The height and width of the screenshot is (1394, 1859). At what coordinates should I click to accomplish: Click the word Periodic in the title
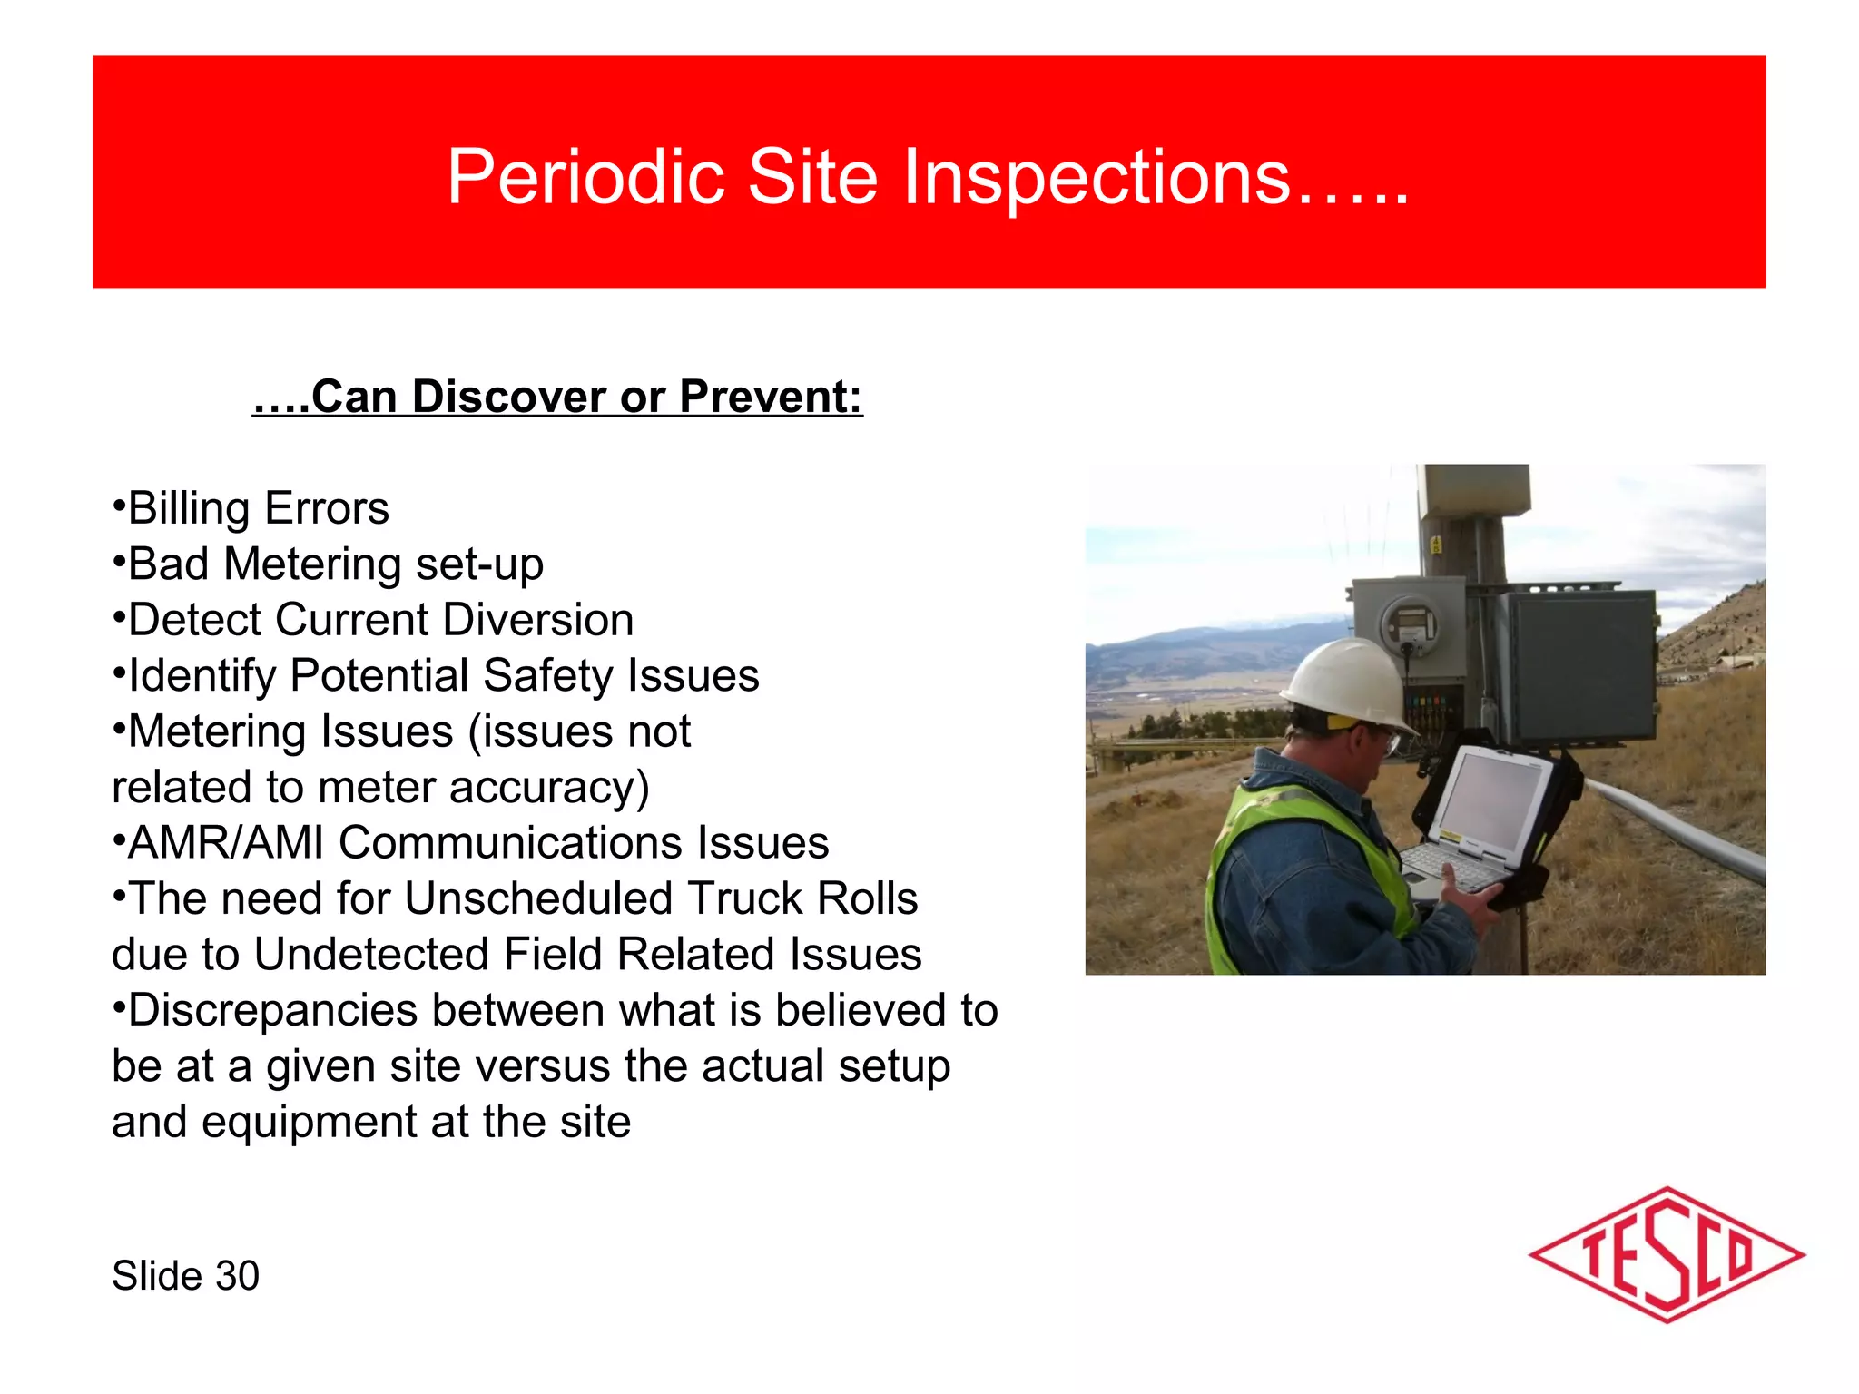(x=585, y=178)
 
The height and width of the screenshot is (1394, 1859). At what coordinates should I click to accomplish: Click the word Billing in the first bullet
(x=189, y=509)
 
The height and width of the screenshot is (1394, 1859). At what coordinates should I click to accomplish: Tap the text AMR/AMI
(x=225, y=843)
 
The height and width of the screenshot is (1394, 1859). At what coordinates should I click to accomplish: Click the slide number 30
(x=237, y=1276)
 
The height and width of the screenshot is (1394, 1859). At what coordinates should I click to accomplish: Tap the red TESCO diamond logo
(x=1667, y=1255)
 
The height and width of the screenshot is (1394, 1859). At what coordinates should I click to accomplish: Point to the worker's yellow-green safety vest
(x=1289, y=844)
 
